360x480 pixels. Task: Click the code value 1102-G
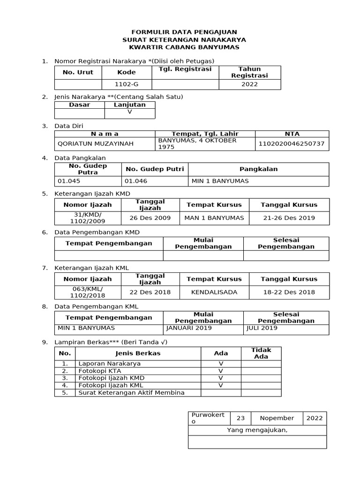[x=127, y=84]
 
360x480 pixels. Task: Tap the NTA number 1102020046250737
[x=292, y=144]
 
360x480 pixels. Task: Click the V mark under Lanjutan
[x=130, y=113]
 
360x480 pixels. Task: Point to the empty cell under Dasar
[x=79, y=113]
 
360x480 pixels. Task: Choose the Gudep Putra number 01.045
[x=68, y=181]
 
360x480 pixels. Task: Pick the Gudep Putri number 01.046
[x=135, y=181]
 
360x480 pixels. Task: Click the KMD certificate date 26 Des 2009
[x=150, y=218]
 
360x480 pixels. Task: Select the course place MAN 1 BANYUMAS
[x=214, y=218]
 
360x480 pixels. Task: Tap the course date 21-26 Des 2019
[x=289, y=218]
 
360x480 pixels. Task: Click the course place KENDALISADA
[x=214, y=292]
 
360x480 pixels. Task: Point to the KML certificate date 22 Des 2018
[x=150, y=292]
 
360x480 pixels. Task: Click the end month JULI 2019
[x=262, y=328]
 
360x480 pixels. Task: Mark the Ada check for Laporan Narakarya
[x=221, y=363]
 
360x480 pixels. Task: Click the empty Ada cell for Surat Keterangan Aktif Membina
[x=221, y=393]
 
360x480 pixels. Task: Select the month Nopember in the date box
[x=277, y=418]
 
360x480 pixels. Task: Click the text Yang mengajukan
[x=257, y=430]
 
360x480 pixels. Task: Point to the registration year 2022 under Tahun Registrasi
[x=249, y=84]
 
